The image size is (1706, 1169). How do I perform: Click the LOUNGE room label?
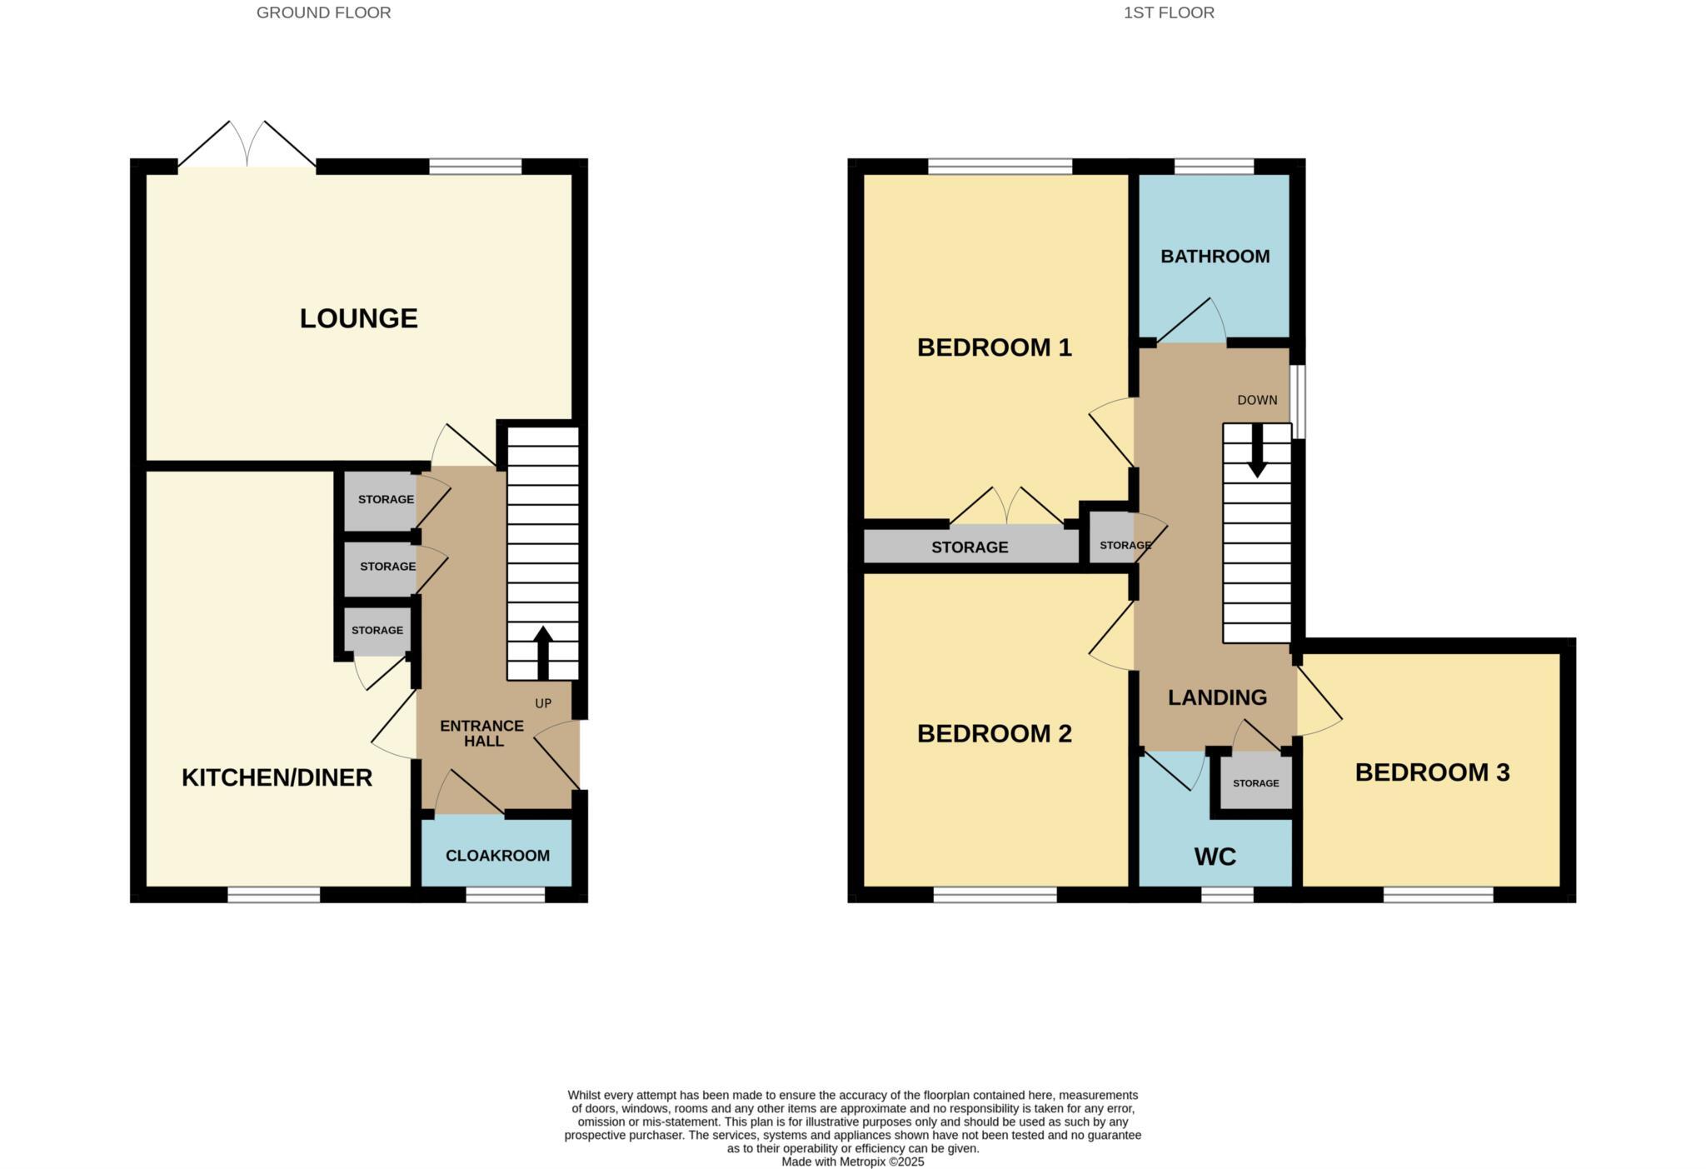click(x=358, y=318)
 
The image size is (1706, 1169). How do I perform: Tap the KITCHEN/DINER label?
click(x=277, y=777)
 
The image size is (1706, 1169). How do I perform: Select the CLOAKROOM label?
click(x=497, y=856)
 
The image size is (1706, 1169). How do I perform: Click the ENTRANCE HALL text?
click(x=482, y=733)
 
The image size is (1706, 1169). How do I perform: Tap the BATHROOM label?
click(x=1215, y=257)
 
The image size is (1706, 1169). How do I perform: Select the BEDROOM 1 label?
click(x=994, y=347)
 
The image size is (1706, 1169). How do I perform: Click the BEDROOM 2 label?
click(x=994, y=733)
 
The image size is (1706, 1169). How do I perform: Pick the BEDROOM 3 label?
click(x=1432, y=772)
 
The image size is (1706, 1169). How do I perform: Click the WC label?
click(x=1215, y=857)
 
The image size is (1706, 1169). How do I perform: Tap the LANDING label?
click(x=1217, y=697)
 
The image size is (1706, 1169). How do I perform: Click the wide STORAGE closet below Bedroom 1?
click(x=970, y=547)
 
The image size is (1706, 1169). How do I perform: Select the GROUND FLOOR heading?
click(x=323, y=12)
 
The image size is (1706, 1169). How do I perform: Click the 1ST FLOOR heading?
click(x=1169, y=12)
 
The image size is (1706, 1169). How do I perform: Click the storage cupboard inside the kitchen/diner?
click(x=377, y=631)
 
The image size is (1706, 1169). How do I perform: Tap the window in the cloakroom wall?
click(x=505, y=895)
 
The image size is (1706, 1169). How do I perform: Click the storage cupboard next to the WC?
click(x=1255, y=783)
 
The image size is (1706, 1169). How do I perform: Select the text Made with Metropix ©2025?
click(x=852, y=1162)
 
